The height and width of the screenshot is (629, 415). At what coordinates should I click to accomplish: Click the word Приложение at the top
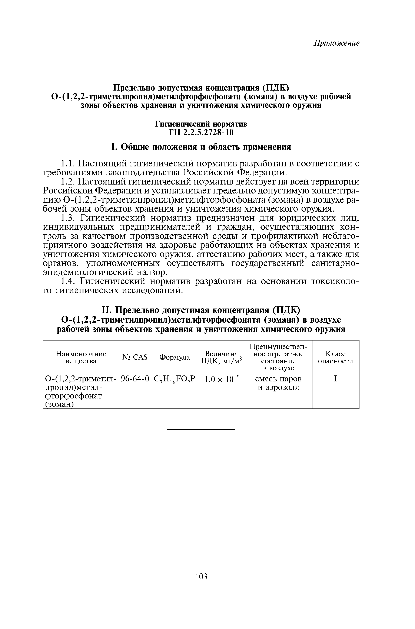tap(336, 43)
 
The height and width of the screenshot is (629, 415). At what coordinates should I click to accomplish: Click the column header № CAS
tap(135, 357)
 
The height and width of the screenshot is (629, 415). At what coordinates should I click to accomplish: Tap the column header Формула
tap(175, 357)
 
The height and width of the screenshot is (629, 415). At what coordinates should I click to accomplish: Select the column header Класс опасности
tap(335, 357)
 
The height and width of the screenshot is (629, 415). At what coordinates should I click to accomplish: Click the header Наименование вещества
tap(81, 357)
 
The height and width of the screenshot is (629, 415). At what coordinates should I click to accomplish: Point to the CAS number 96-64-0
tap(135, 379)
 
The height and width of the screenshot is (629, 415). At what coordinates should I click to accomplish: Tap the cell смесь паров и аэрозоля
tap(278, 383)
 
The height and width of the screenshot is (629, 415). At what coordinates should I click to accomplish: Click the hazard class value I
tap(335, 379)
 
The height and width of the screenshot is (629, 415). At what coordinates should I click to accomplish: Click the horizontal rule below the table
tap(201, 429)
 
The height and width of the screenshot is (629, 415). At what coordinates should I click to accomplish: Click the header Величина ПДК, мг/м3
tap(221, 357)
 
